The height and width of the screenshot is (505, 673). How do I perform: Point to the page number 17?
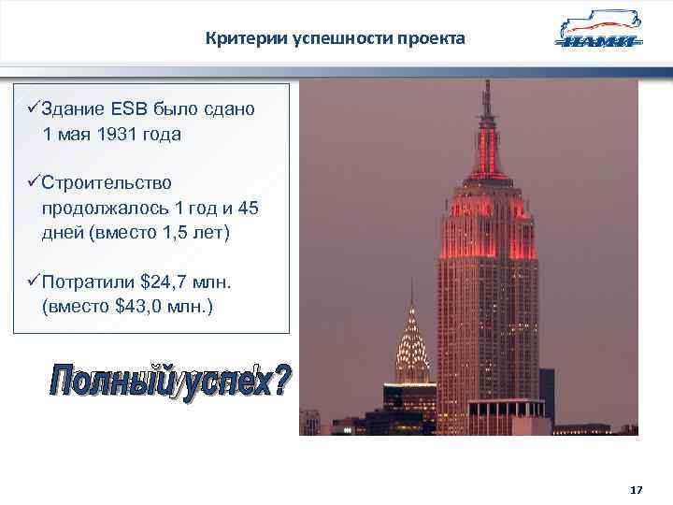point(637,490)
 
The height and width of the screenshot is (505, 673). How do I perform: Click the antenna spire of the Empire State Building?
point(486,103)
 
